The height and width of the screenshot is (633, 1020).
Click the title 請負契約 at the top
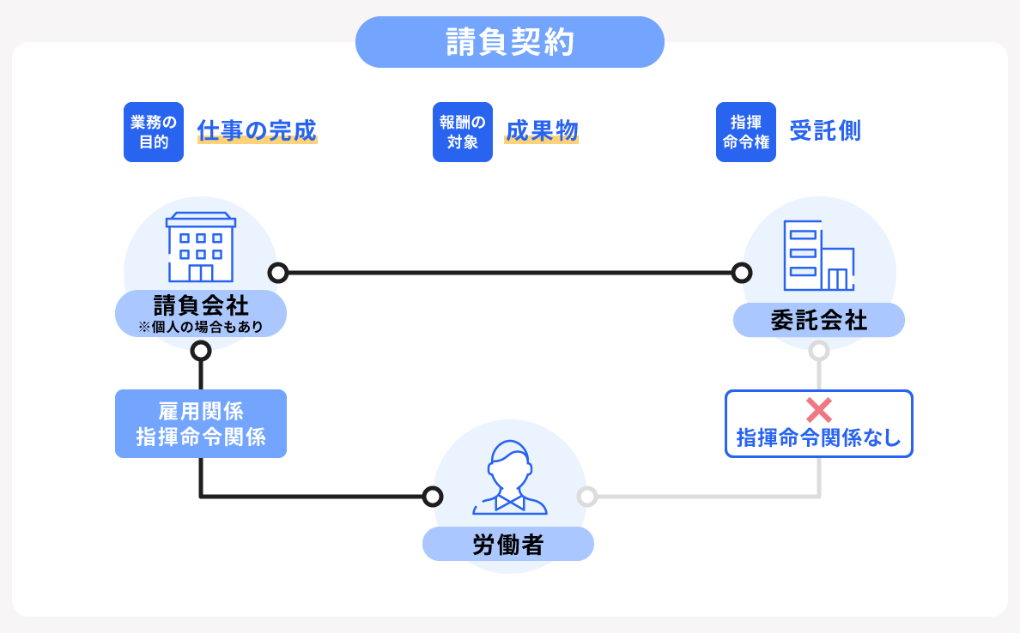510,42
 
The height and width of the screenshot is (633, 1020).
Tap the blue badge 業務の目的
154,132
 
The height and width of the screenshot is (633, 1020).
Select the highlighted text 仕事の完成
257,130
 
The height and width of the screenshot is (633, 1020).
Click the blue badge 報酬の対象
463,132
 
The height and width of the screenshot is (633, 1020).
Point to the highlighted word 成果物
542,130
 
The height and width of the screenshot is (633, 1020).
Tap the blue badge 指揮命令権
746,132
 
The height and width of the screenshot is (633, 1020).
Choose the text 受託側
825,130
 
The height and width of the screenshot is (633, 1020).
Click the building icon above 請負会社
201,247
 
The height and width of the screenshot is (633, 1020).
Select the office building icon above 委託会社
819,256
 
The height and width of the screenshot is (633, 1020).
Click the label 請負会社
201,305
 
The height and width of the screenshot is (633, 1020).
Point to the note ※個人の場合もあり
201,327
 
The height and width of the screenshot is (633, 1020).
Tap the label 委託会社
819,321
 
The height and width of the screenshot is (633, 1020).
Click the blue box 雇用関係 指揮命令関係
201,424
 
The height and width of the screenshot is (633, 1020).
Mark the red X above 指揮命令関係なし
819,410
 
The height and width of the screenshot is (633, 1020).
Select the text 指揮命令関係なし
819,438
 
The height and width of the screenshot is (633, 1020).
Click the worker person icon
510,478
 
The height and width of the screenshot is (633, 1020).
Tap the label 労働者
508,545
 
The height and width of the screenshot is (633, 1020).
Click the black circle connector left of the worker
433,497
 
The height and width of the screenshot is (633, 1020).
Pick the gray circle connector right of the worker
587,497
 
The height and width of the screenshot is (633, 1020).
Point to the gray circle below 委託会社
819,351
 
